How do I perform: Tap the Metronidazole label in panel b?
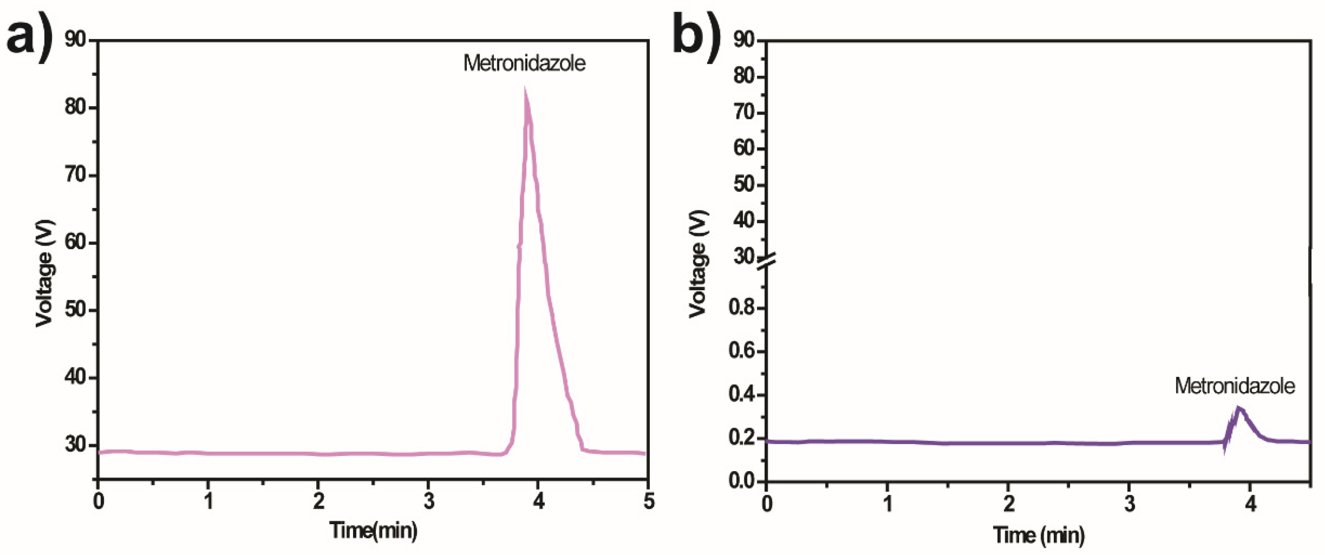(x=1234, y=386)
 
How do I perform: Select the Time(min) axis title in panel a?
(x=373, y=530)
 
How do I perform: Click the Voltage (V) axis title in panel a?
(x=45, y=273)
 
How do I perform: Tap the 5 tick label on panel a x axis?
(x=649, y=501)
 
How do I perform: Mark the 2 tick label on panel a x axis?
(x=318, y=501)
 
